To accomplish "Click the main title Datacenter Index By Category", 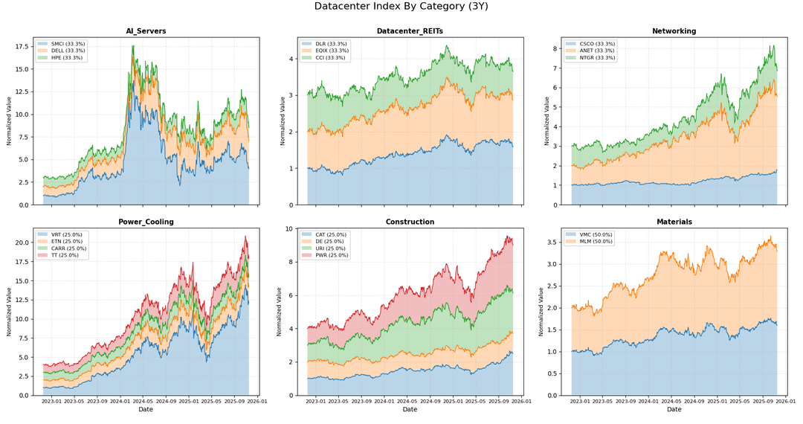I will pos(401,7).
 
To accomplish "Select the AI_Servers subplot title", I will pos(146,31).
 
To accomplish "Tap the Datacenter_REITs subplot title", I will pos(410,31).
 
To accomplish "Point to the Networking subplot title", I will pos(674,31).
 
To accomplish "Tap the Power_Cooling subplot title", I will pos(146,222).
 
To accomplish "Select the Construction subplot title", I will pos(410,222).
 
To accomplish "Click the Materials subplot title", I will pos(674,222).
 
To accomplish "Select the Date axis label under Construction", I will pos(410,409).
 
